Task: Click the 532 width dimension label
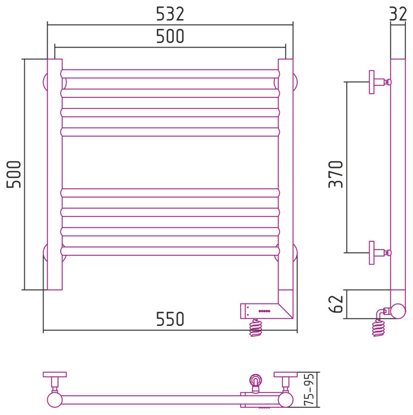[170, 14]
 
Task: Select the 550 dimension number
[170, 319]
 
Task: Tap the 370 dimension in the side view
[336, 174]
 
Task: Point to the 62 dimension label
[336, 304]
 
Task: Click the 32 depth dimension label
[398, 14]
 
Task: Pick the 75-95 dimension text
[309, 390]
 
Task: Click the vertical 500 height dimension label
[14, 174]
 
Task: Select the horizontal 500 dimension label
[170, 36]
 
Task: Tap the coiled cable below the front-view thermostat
[256, 327]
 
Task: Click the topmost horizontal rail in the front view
[170, 74]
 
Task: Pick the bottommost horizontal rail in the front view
[170, 251]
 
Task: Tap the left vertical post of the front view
[55, 174]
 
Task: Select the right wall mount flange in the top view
[286, 374]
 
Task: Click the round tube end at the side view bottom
[398, 311]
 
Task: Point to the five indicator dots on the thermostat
[264, 311]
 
